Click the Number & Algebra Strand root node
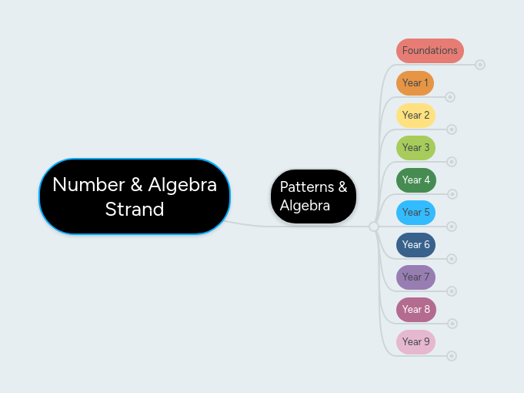(135, 196)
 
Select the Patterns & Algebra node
(313, 196)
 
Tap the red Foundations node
(429, 50)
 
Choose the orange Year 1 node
(415, 82)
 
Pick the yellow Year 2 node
(416, 115)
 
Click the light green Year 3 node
(416, 147)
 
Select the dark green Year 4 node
(416, 180)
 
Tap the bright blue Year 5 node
(416, 212)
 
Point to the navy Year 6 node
(416, 244)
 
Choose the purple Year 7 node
(416, 277)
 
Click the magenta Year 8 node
(416, 309)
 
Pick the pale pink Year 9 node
(416, 341)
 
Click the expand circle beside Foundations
(480, 65)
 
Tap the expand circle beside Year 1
(451, 97)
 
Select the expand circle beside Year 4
(452, 194)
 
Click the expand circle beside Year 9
(452, 356)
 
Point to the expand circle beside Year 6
(452, 259)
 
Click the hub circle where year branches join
(374, 227)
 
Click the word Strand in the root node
(135, 209)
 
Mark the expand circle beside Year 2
(452, 129)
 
